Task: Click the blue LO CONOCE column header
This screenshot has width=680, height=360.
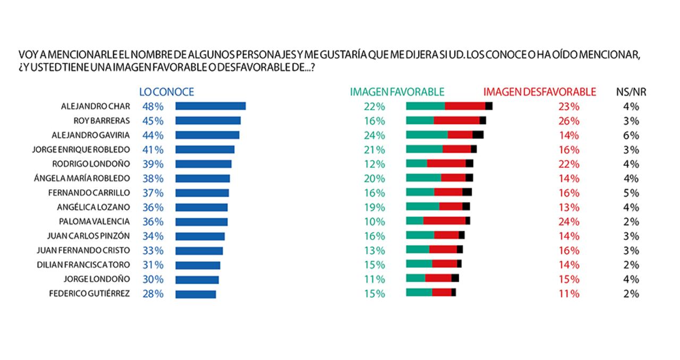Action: (x=166, y=92)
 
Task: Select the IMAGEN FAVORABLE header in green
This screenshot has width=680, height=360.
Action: (x=397, y=92)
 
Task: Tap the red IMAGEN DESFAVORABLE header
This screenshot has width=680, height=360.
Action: (x=540, y=92)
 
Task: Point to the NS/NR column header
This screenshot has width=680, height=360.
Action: (x=631, y=92)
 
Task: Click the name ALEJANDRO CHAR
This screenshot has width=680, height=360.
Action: (x=96, y=106)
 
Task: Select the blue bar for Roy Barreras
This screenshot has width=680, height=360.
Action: (x=208, y=121)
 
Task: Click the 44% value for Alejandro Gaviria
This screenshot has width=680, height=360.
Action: (x=153, y=135)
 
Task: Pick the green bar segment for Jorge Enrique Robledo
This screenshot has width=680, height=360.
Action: (x=424, y=149)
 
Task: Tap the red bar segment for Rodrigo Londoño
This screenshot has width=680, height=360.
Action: (x=446, y=164)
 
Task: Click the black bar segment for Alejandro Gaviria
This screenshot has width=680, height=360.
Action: (x=478, y=135)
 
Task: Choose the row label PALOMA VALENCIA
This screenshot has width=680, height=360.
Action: (x=94, y=221)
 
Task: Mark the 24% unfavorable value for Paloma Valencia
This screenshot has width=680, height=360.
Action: (x=569, y=221)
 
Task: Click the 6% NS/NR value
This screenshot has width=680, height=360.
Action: (x=631, y=135)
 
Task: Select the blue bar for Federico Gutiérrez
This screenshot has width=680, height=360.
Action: (x=195, y=294)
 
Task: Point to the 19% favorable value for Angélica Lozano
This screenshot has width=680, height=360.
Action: (x=375, y=207)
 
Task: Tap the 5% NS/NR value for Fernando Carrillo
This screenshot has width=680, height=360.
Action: (x=631, y=193)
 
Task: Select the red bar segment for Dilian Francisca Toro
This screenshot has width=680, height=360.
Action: (x=444, y=263)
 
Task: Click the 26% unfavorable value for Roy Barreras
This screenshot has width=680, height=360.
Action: (x=569, y=121)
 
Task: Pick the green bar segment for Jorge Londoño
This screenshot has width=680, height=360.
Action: (x=415, y=278)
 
